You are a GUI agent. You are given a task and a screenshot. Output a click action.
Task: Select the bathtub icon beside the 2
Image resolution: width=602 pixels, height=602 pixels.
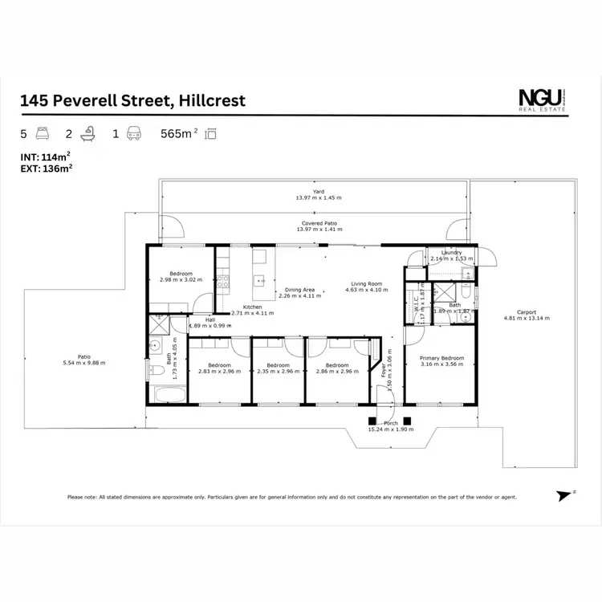tap(89, 134)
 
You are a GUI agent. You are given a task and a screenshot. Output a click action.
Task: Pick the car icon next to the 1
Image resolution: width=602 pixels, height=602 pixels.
tap(136, 134)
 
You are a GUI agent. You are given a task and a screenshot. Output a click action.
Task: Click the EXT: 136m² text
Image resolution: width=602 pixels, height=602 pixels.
tap(47, 169)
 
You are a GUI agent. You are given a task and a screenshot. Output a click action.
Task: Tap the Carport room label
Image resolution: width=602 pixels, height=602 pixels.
tap(527, 312)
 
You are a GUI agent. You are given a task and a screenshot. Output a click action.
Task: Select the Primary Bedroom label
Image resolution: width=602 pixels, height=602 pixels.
tap(442, 359)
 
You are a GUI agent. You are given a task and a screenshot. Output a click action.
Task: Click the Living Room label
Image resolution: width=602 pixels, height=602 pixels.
tap(364, 283)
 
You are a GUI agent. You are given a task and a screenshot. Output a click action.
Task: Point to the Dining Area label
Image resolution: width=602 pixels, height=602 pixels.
tap(297, 290)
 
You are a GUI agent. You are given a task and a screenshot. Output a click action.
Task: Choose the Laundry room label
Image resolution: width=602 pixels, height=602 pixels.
tap(451, 253)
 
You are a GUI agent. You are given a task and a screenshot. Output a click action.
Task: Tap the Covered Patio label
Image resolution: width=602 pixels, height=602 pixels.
tap(319, 223)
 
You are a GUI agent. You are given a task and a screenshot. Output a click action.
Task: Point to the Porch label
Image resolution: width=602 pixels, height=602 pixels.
tap(391, 423)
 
